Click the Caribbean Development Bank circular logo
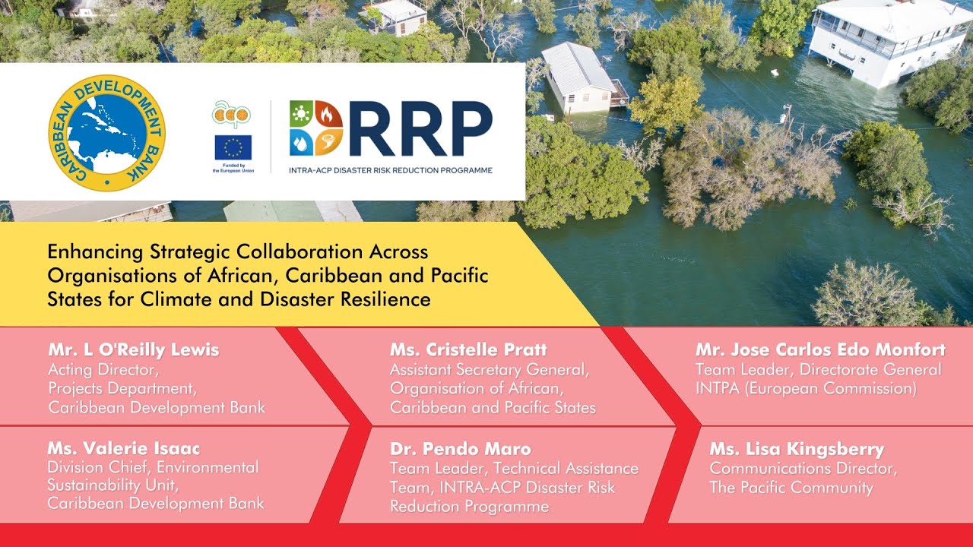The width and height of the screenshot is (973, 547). [107, 133]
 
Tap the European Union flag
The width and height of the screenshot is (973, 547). [233, 147]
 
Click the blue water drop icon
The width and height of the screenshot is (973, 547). [301, 142]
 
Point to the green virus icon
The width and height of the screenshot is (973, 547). [301, 114]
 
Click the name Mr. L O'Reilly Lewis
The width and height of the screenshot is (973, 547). [134, 350]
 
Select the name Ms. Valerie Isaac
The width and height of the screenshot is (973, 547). [124, 448]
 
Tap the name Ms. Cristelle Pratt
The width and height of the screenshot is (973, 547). [468, 350]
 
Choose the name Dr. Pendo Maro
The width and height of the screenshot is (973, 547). [461, 449]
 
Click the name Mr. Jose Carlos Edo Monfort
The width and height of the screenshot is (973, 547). [820, 350]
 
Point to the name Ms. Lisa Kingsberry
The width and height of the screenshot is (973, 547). [797, 450]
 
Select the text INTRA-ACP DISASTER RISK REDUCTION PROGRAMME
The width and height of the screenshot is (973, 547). [391, 171]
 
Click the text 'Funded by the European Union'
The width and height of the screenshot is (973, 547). [233, 169]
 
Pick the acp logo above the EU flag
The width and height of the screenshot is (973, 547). [232, 114]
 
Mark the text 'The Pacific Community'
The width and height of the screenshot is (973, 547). [791, 488]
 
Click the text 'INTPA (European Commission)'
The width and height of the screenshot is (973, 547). [807, 388]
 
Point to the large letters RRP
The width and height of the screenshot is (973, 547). [420, 128]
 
